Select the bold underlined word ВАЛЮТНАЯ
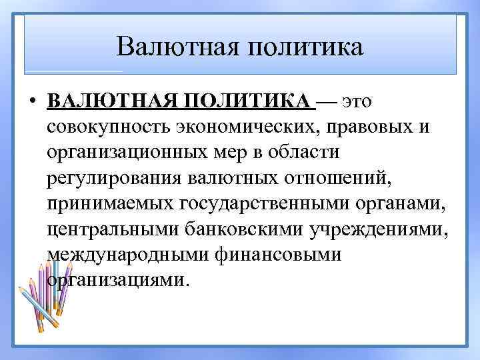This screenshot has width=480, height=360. pyautogui.click(x=111, y=102)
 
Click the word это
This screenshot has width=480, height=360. pyautogui.click(x=357, y=102)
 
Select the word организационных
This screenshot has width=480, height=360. pyautogui.click(x=137, y=153)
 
